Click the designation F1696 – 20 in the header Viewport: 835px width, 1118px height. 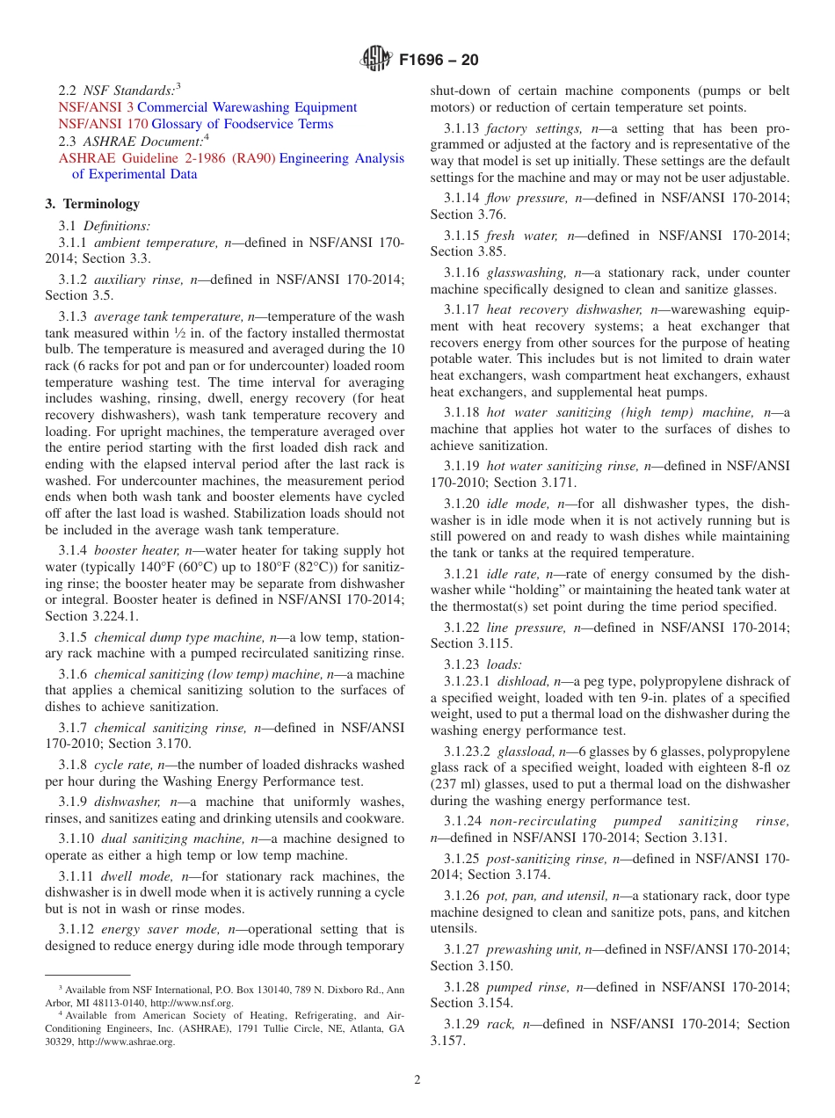click(x=439, y=61)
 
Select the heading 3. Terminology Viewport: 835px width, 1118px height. click(x=92, y=204)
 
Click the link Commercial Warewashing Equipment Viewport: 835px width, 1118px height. click(x=247, y=107)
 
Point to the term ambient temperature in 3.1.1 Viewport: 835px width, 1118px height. click(x=156, y=242)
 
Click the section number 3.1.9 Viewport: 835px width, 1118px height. click(x=76, y=802)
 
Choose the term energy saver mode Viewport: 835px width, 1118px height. click(x=162, y=929)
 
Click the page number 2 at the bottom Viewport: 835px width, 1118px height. click(x=417, y=1080)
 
